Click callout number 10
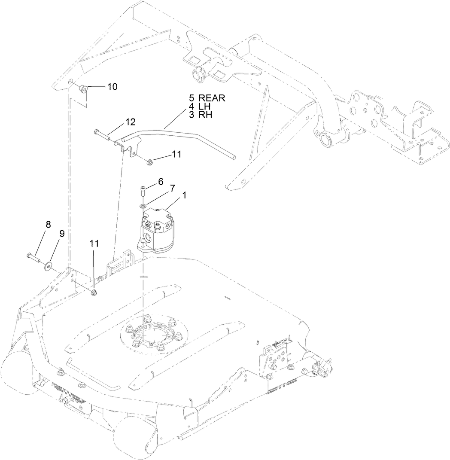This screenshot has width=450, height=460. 112,87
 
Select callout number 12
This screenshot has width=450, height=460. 131,122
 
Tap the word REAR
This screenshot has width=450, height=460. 212,98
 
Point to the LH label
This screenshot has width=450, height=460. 204,107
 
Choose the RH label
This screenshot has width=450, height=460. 205,115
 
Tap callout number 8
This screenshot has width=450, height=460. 48,224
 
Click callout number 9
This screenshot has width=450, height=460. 62,233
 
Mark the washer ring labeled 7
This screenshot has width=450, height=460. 144,205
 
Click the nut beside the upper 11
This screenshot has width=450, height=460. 149,162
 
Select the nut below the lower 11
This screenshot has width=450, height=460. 94,292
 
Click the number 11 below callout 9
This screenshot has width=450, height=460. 94,243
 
